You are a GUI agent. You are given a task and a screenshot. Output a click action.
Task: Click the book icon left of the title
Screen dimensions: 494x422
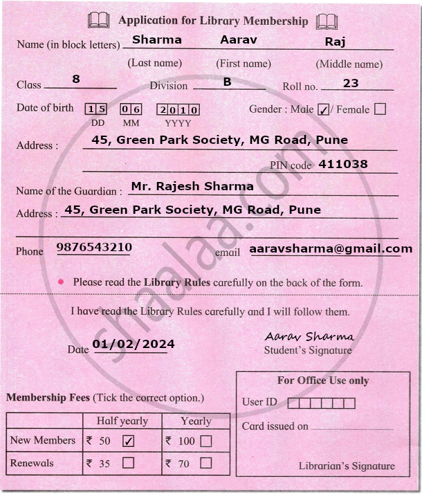tap(98, 21)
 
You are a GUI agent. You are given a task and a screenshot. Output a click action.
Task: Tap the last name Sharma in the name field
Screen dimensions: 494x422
tap(157, 39)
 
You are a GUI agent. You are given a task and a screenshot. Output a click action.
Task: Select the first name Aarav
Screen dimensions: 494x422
tap(239, 39)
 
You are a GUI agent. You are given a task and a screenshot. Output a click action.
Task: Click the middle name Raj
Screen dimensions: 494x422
tap(335, 42)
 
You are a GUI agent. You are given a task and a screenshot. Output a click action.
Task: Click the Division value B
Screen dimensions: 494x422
tap(227, 82)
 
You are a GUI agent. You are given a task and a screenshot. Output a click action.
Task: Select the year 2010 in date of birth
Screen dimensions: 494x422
tap(178, 109)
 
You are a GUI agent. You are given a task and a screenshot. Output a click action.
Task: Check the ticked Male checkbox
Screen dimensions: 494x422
tap(323, 109)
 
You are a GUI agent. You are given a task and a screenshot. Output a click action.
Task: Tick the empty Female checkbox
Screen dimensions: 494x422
tap(379, 109)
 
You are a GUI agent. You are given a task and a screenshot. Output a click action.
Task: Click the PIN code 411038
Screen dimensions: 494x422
tap(343, 164)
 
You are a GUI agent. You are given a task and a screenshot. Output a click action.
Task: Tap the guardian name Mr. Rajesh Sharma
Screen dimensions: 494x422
tap(192, 186)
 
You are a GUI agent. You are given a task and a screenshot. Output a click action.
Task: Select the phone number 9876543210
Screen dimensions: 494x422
tap(94, 247)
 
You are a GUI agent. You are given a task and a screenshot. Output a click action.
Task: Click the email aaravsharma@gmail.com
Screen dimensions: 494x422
tap(331, 248)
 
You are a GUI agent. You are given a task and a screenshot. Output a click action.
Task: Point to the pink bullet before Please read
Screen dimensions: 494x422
tap(61, 282)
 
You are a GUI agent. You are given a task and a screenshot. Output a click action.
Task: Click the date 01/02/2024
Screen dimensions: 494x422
tap(134, 344)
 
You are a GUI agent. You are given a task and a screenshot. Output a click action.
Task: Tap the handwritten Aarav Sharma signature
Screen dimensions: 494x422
tap(309, 336)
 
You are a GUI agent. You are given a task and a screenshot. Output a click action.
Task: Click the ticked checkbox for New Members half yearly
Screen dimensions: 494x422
tap(128, 440)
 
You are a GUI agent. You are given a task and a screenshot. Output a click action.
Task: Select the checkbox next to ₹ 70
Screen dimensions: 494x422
tap(205, 464)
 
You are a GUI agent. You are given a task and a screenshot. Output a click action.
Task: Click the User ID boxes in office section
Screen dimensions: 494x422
tap(321, 403)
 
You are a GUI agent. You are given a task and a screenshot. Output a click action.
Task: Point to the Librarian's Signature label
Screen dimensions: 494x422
tap(347, 466)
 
